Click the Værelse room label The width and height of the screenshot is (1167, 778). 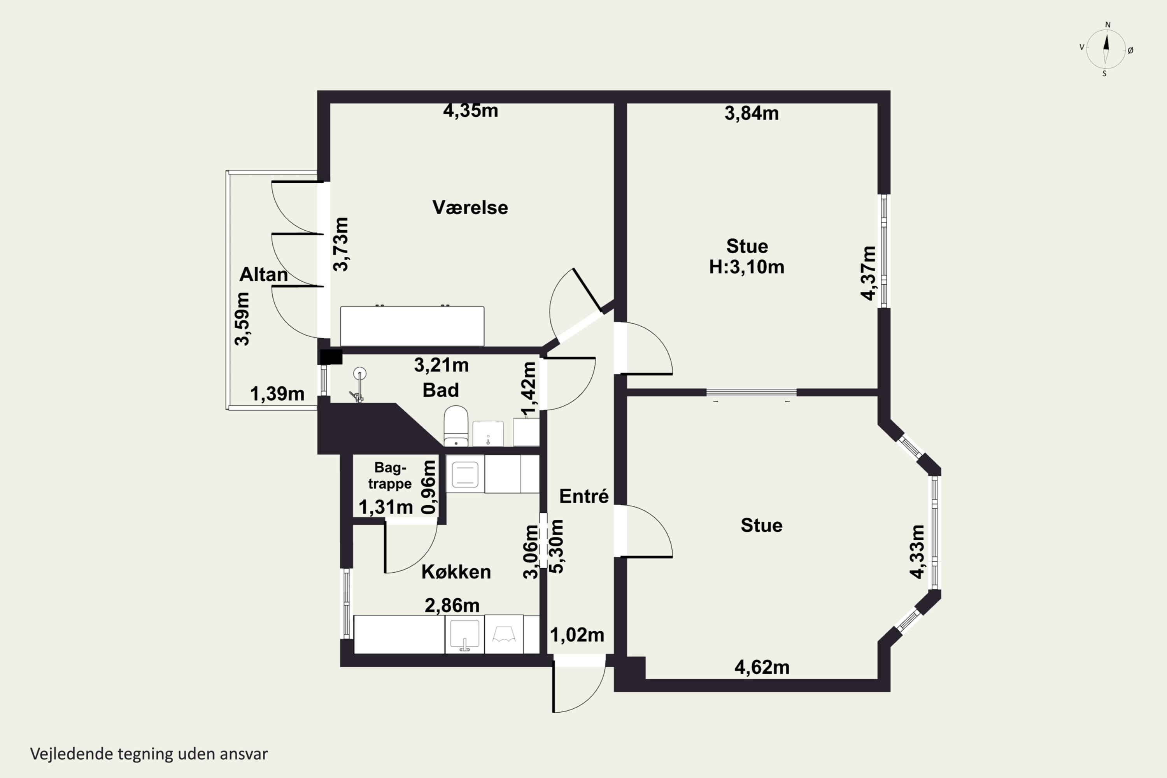(470, 207)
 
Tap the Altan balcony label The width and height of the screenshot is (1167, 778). (263, 274)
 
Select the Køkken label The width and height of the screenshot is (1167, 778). (456, 572)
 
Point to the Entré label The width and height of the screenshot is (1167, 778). (583, 496)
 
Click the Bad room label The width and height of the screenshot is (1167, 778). (441, 390)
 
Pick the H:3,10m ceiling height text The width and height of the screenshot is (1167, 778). (747, 267)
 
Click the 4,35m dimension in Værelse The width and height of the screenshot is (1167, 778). (470, 110)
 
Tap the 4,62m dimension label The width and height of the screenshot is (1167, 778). (762, 668)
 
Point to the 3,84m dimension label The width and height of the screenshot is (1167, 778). (752, 114)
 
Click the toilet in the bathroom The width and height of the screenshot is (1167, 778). (456, 426)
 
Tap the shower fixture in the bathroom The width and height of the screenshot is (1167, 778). (359, 385)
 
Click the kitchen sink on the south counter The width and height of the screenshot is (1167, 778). (464, 634)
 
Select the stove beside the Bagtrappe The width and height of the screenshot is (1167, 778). (465, 474)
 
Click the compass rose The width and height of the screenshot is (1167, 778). (1106, 49)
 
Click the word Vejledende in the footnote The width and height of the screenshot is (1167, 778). (72, 754)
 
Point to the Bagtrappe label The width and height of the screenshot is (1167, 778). (390, 475)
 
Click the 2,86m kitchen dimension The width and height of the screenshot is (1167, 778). (452, 605)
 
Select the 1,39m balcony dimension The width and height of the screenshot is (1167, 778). (277, 394)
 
